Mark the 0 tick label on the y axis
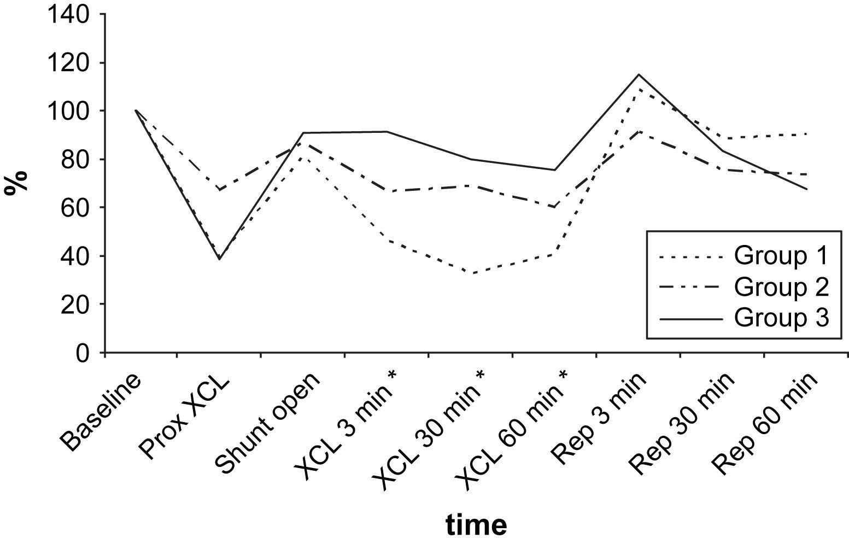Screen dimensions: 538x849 (x=83, y=353)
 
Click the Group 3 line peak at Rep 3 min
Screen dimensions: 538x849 (x=639, y=74)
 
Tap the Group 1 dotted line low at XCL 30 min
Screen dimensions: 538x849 (x=471, y=273)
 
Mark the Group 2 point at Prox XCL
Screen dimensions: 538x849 (x=219, y=190)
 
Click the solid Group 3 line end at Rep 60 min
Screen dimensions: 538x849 (x=807, y=189)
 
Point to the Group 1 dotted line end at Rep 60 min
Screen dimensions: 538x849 (x=807, y=134)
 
